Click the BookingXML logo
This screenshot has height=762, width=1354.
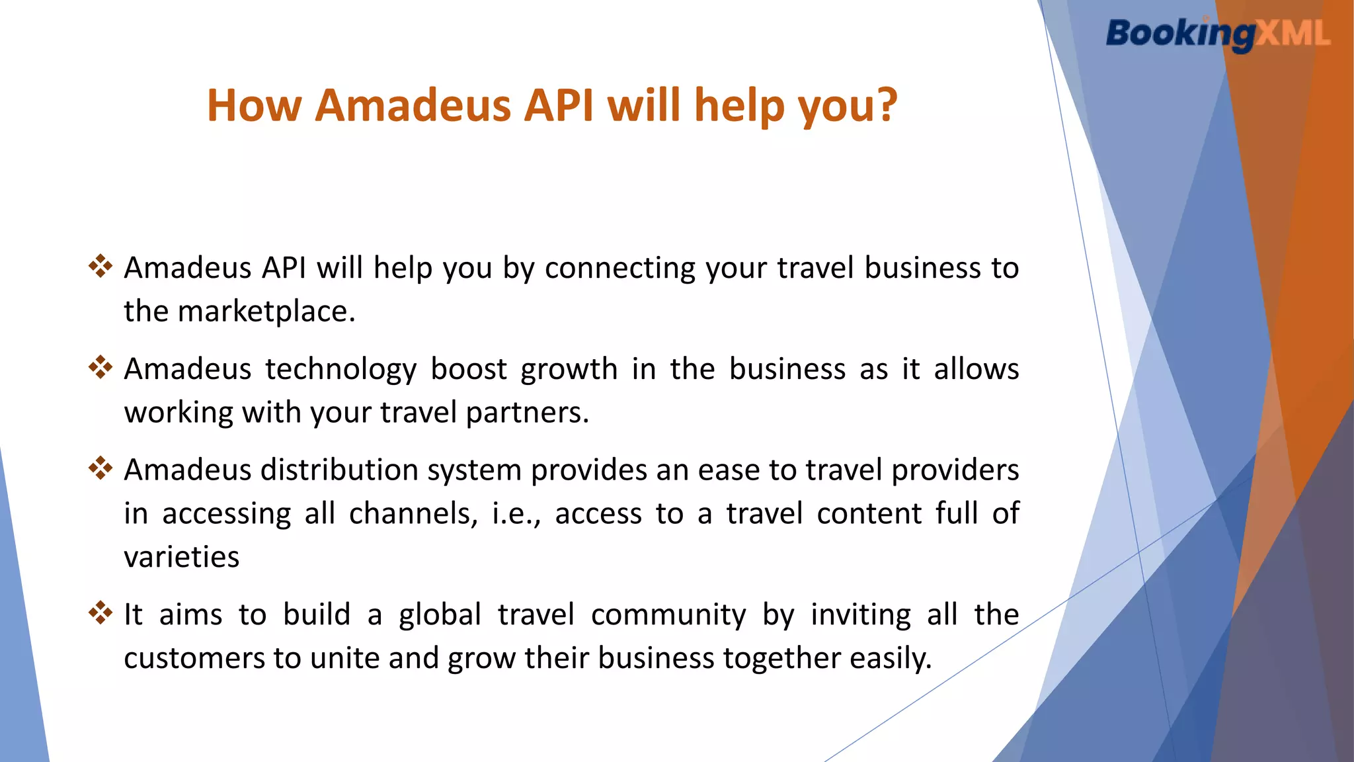tap(1218, 34)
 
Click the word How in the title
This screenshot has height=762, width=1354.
tap(255, 105)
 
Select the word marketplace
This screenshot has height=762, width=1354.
tap(266, 311)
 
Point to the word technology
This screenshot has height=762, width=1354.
tap(341, 370)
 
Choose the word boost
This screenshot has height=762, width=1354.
tap(469, 368)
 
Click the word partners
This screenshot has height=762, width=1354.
tap(526, 413)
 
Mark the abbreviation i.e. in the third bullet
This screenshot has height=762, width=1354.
tap(514, 514)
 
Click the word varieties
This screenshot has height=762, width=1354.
tap(182, 557)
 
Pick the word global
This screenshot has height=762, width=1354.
tap(440, 615)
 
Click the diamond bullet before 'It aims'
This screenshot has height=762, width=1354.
tap(100, 612)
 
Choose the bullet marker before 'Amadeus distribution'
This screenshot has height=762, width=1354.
tap(100, 468)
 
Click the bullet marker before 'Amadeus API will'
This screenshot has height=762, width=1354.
tap(100, 266)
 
